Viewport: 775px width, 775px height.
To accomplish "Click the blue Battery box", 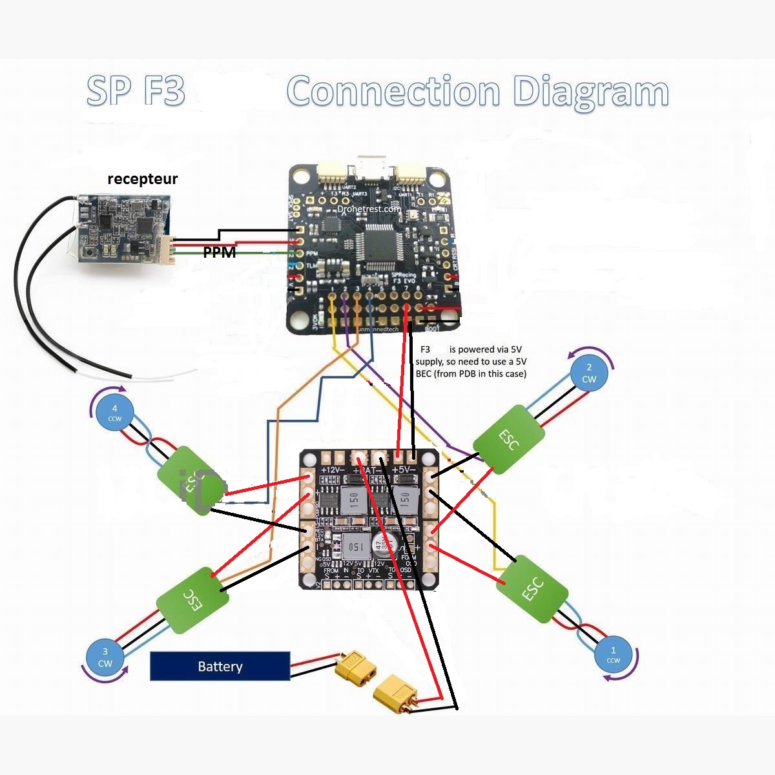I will pyautogui.click(x=220, y=666).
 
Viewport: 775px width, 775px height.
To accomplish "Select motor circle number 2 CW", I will pyautogui.click(x=589, y=373).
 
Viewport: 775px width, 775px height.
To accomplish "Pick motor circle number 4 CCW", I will pyautogui.click(x=114, y=413).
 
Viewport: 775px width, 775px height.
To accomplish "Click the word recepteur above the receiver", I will pyautogui.click(x=142, y=179).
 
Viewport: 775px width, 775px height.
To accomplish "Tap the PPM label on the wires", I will pyautogui.click(x=220, y=253).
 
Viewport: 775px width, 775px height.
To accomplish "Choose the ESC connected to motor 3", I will pyautogui.click(x=192, y=601).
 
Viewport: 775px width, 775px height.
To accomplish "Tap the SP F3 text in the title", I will pyautogui.click(x=136, y=90).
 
